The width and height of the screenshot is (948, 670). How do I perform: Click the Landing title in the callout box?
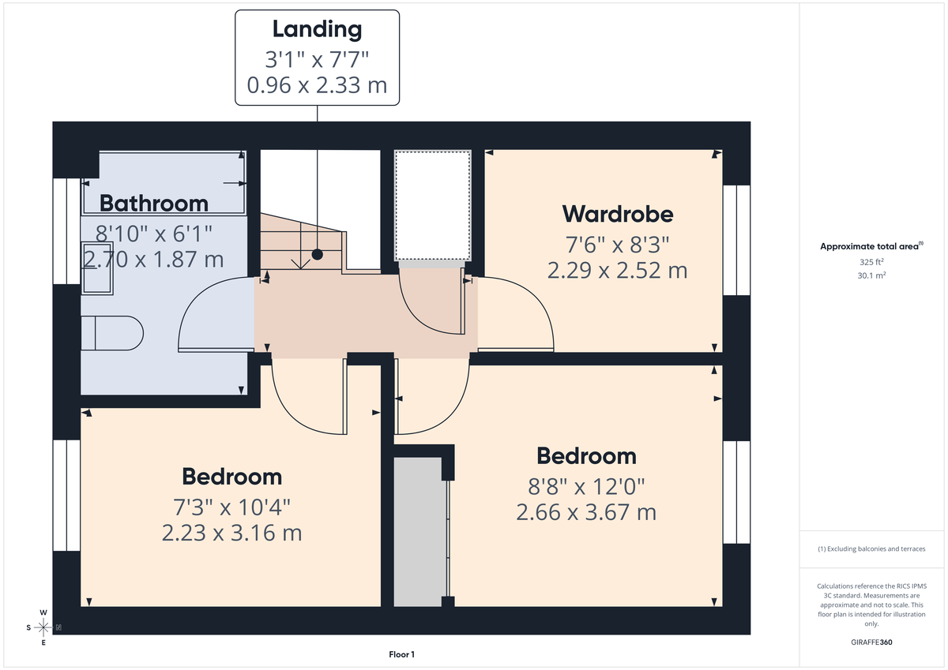pos(317,30)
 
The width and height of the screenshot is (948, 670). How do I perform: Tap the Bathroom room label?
pos(154,204)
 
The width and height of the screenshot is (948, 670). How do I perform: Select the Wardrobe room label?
pos(618,214)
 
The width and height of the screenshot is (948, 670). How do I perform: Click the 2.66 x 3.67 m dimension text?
pos(586,512)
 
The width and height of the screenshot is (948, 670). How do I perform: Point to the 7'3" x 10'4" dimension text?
pos(231,505)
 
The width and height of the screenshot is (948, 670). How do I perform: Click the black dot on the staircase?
pos(317,254)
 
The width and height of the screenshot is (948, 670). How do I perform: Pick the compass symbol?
pos(43,627)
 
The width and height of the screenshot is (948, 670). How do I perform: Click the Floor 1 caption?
pos(401,654)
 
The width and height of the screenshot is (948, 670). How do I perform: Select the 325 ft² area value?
pos(871,262)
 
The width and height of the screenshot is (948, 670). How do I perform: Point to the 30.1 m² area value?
pos(871,275)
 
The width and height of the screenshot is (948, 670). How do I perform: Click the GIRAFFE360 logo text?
pos(871,642)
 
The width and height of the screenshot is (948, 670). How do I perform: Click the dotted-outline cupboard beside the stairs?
pos(432,204)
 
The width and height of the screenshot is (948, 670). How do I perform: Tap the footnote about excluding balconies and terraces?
pos(871,548)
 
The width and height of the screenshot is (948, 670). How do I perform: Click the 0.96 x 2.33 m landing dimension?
pos(317,85)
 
